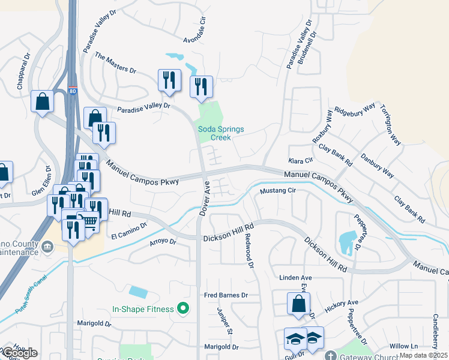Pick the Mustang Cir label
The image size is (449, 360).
tap(279, 191)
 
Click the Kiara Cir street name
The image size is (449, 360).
tap(301, 161)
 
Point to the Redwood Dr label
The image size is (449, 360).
tap(247, 247)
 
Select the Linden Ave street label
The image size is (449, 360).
tap(296, 278)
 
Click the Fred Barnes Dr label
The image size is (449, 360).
tap(226, 295)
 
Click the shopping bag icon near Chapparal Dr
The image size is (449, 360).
tap(43, 102)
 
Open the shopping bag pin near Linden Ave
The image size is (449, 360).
tap(298, 304)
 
